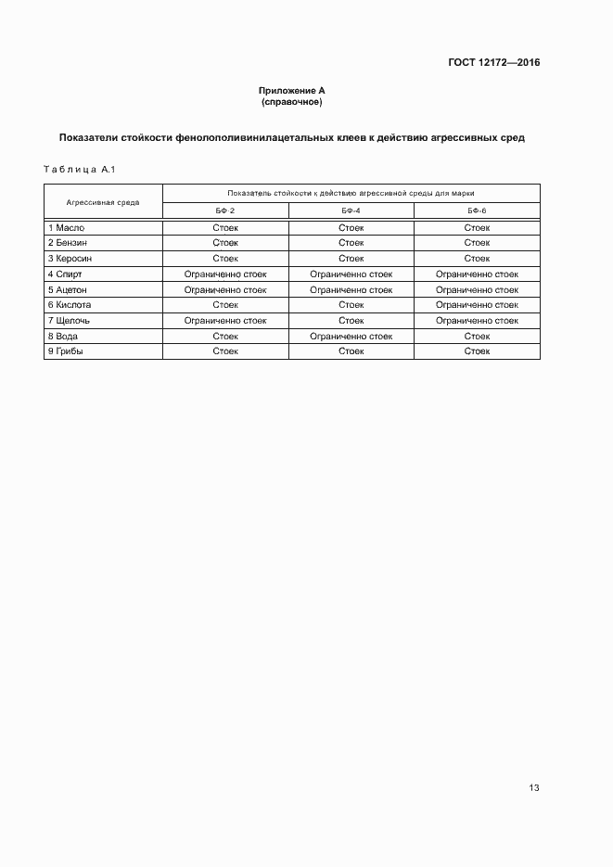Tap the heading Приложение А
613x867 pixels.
292,90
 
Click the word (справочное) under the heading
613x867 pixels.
292,101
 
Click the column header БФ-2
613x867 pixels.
225,211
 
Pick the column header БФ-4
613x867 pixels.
351,211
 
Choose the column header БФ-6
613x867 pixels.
477,211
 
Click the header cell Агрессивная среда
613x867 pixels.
103,202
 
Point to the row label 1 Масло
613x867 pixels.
66,227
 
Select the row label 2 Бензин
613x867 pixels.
69,243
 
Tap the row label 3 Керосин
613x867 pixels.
70,259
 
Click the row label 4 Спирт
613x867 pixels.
65,274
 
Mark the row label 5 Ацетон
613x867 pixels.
68,290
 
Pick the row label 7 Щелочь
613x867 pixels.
69,321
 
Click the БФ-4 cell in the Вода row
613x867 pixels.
351,337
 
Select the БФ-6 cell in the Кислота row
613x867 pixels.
477,305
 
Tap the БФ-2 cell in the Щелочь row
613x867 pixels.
225,321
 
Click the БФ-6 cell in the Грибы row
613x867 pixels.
477,351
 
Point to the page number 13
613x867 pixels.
533,788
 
